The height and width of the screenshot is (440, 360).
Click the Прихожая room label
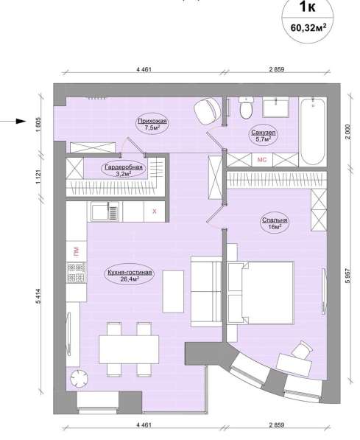(x=152, y=125)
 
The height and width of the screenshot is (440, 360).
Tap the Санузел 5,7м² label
(x=264, y=136)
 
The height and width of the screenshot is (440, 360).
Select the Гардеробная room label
(x=124, y=170)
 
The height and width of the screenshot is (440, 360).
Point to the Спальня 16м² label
(x=275, y=223)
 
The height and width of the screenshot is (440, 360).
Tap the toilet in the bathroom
(x=246, y=108)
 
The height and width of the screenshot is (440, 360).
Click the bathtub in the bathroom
(x=313, y=131)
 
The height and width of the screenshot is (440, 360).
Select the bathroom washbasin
(x=275, y=107)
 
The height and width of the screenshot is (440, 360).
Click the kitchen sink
(x=105, y=212)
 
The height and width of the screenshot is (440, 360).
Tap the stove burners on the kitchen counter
(x=77, y=272)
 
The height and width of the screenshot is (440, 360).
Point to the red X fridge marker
(x=154, y=212)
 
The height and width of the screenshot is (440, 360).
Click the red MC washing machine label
(x=262, y=160)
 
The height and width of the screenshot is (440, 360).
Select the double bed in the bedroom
(x=261, y=293)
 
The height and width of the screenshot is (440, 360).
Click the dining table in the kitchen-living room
(x=129, y=349)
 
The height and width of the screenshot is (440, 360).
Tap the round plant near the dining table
(x=79, y=379)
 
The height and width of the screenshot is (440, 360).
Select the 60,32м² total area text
(x=308, y=27)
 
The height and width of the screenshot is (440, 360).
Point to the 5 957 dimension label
(x=348, y=276)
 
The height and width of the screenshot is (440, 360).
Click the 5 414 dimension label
(x=39, y=296)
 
